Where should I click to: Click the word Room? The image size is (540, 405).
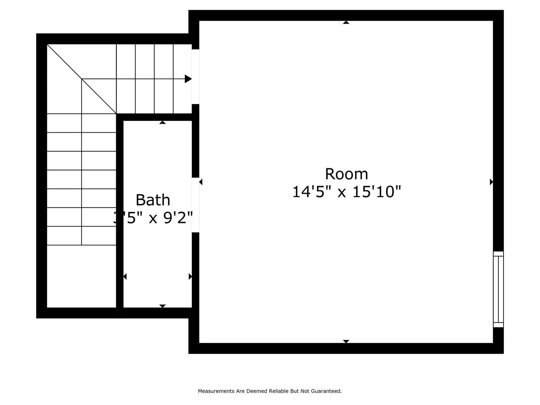(x=346, y=174)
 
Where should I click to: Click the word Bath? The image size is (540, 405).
(x=153, y=200)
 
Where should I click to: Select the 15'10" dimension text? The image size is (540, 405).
(x=377, y=192)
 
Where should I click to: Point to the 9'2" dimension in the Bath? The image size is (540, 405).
(x=178, y=218)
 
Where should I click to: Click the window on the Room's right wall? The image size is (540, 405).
(x=498, y=289)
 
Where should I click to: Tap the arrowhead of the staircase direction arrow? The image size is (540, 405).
(x=188, y=79)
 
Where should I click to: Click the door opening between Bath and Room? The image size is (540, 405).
(x=195, y=205)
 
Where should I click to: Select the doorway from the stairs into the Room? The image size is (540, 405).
(x=195, y=76)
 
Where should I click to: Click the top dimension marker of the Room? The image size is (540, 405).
(x=346, y=23)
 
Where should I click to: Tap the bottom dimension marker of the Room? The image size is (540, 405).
(x=346, y=341)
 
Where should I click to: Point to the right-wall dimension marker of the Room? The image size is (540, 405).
(x=491, y=182)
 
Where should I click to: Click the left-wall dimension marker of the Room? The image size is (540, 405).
(x=201, y=182)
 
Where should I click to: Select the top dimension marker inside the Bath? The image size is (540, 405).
(x=162, y=122)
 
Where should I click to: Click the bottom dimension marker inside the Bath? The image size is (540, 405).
(x=162, y=306)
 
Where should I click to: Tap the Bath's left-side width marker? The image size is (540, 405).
(x=125, y=277)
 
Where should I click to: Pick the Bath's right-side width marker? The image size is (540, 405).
(x=190, y=277)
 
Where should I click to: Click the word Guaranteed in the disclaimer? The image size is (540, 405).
(x=326, y=391)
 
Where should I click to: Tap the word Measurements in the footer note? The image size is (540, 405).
(x=216, y=391)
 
